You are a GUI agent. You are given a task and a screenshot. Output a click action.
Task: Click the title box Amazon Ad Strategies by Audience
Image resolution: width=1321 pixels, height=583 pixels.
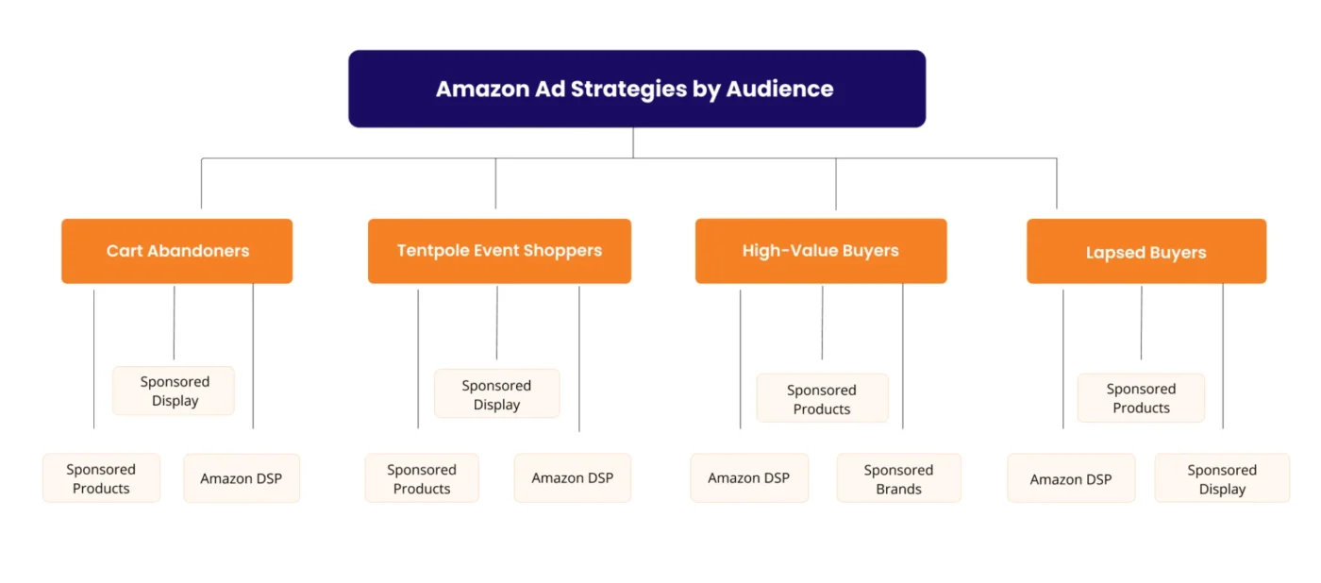click(x=636, y=89)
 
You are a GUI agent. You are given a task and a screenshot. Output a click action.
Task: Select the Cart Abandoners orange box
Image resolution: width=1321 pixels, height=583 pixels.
click(x=177, y=251)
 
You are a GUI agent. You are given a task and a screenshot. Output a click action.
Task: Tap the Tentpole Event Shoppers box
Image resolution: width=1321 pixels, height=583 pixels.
click(x=499, y=251)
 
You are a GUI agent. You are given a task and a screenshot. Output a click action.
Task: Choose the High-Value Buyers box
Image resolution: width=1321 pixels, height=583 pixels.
click(x=820, y=251)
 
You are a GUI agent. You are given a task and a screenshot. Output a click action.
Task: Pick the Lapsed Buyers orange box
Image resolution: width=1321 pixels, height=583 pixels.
click(x=1145, y=252)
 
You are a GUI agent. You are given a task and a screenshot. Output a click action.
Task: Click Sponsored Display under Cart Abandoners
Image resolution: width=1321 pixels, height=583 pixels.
click(x=175, y=391)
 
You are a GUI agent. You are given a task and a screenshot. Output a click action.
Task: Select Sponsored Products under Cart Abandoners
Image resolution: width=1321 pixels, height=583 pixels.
click(x=101, y=478)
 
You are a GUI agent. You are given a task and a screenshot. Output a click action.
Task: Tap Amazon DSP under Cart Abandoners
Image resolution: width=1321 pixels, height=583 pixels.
click(x=241, y=478)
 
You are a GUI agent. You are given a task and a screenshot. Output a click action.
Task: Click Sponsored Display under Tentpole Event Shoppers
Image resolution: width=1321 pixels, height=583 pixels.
click(x=496, y=394)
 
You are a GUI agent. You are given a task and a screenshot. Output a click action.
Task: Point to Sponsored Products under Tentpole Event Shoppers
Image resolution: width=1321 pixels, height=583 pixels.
click(x=422, y=478)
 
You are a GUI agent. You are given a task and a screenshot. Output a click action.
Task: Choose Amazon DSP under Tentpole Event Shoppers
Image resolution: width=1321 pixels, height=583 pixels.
click(x=572, y=478)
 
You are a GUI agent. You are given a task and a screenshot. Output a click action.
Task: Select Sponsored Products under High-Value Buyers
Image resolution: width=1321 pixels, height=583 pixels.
click(x=822, y=399)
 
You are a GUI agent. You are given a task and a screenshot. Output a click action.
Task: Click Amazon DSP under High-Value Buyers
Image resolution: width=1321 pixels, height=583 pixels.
click(x=748, y=478)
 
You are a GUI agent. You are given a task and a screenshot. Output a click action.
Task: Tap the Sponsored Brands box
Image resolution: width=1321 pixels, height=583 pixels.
click(x=898, y=478)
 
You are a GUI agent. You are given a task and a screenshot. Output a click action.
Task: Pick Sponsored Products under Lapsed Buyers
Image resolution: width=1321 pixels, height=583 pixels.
click(x=1141, y=398)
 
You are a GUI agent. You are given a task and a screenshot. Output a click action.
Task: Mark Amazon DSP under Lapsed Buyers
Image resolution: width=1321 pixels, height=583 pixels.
click(x=1070, y=479)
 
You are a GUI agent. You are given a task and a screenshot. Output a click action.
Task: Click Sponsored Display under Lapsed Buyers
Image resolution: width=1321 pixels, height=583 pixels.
click(x=1222, y=479)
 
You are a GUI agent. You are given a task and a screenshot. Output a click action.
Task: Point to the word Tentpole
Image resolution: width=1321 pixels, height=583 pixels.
click(x=432, y=251)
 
